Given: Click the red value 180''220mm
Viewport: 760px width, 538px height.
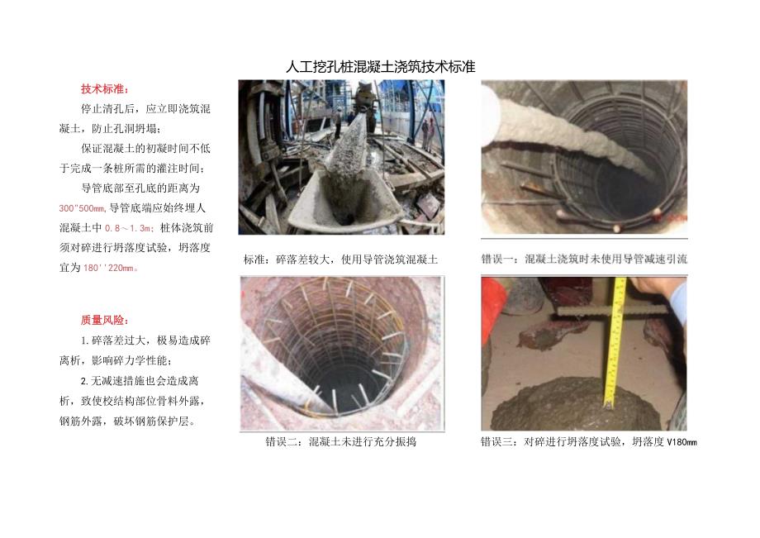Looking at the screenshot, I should point(112,268).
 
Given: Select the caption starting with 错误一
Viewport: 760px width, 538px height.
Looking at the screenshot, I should point(584,259).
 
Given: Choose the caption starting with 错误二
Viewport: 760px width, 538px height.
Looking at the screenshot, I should point(340,442).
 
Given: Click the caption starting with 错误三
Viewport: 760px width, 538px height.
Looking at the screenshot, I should point(589,442).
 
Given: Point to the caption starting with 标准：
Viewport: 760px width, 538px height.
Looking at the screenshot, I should point(340,259).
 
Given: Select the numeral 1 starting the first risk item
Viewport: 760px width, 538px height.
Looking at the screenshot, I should point(83,340).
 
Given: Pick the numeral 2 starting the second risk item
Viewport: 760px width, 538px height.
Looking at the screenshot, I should point(83,381).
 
